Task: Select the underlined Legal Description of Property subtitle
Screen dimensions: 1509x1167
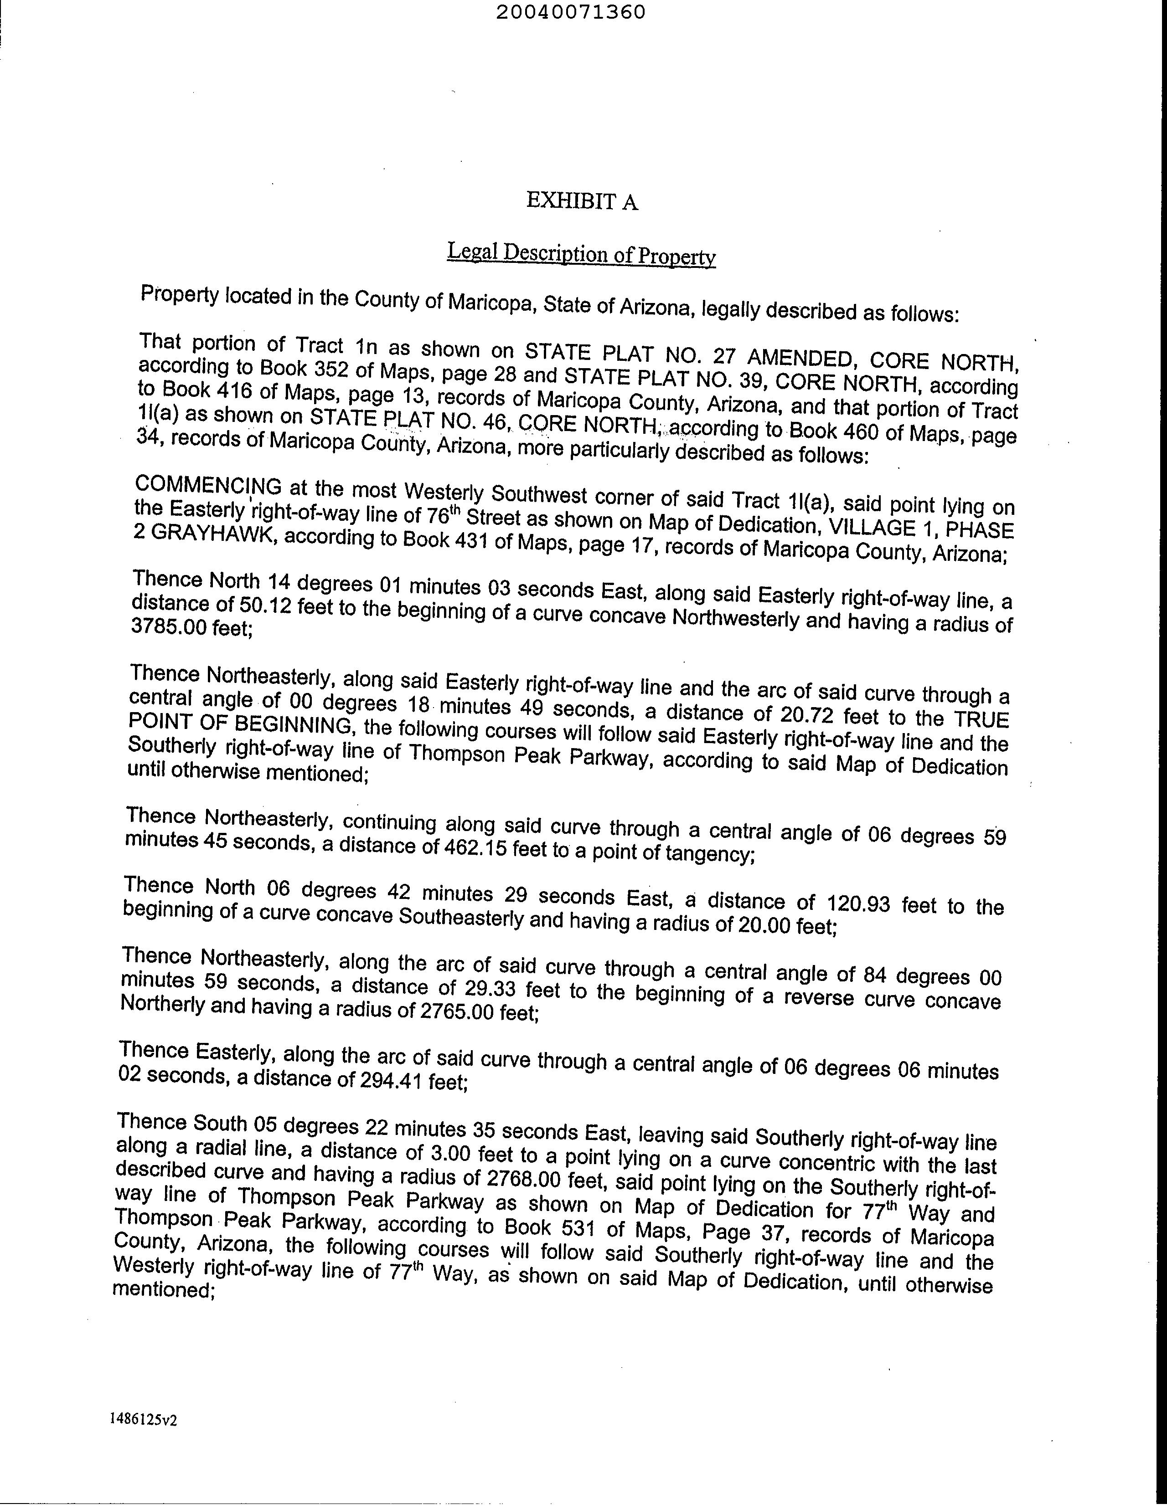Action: point(581,254)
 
